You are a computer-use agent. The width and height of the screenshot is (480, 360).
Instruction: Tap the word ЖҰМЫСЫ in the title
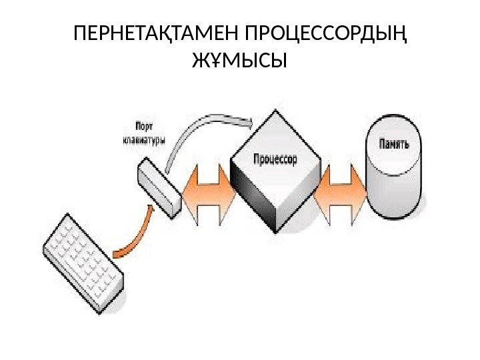click(239, 62)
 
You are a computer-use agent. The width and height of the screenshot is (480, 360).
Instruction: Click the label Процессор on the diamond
click(275, 159)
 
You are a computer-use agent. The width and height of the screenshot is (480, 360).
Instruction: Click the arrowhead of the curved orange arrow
click(153, 209)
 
